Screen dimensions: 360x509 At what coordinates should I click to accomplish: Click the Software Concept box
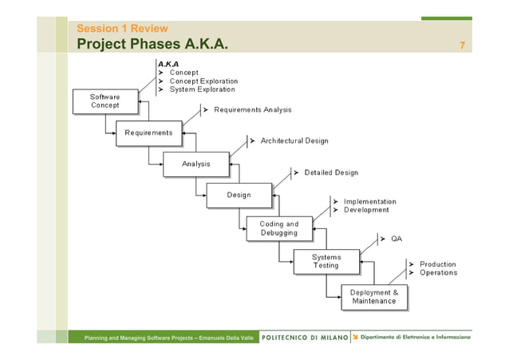pos(105,101)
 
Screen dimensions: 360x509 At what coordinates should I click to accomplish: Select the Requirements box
pos(148,133)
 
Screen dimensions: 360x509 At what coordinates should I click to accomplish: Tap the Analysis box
pos(195,164)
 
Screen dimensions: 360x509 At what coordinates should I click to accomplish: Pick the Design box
pos(239,195)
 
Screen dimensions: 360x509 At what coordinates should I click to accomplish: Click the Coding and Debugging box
pos(278,228)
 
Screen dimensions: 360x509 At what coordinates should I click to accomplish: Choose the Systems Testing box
pos(326,261)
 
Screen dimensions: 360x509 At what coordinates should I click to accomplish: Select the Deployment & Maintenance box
pos(373,296)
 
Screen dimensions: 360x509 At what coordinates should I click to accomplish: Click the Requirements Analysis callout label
pos(252,109)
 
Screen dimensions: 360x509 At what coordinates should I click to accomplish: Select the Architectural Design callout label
pos(294,140)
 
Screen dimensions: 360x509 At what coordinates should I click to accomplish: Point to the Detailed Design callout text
pos(330,172)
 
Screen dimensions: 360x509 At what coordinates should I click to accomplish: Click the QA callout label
pos(396,239)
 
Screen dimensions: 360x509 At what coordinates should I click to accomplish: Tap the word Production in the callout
pos(438,264)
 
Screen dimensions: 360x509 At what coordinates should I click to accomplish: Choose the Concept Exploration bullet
pos(203,81)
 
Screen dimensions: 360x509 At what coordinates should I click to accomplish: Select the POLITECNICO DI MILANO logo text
pos(305,338)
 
